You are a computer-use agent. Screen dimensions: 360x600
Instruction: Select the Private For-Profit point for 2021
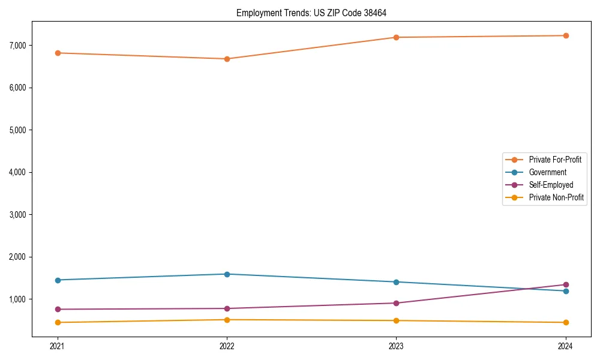click(x=58, y=53)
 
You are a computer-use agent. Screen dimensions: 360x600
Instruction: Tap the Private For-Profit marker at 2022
click(x=227, y=59)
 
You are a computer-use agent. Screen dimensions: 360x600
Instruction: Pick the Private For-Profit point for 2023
click(x=396, y=37)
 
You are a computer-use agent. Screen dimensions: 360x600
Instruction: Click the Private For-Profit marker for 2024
click(x=566, y=35)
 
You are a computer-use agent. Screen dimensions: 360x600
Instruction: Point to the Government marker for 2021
click(x=58, y=280)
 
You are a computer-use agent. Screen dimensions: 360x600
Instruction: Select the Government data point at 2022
click(x=227, y=274)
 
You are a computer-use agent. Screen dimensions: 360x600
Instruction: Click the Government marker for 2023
click(x=396, y=282)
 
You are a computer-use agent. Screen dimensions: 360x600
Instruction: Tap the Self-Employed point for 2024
click(x=566, y=284)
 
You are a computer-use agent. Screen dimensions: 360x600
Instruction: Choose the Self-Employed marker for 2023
click(x=396, y=303)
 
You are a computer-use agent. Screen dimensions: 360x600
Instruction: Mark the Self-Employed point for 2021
click(x=58, y=309)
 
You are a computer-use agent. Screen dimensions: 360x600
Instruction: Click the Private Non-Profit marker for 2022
click(x=227, y=320)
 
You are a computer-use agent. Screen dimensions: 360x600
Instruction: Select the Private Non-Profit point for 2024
click(x=566, y=322)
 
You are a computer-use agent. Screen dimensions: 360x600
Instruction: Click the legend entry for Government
click(x=547, y=172)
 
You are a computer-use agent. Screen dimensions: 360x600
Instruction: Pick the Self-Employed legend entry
click(x=551, y=185)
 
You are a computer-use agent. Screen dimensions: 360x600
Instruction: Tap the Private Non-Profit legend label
click(x=556, y=197)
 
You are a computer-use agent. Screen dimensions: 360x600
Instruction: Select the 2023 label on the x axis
click(x=396, y=346)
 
